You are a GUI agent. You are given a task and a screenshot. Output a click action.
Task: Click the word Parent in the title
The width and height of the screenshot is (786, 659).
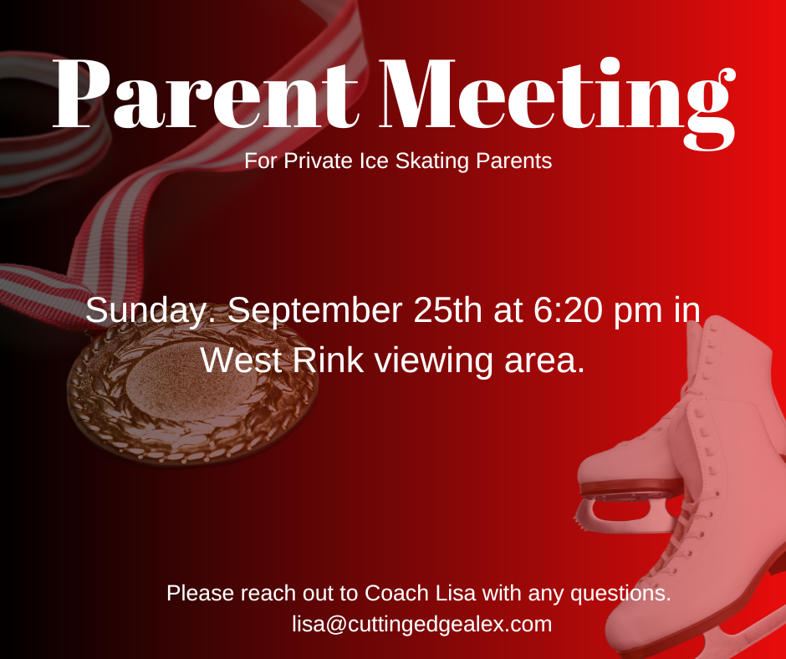pyautogui.click(x=206, y=94)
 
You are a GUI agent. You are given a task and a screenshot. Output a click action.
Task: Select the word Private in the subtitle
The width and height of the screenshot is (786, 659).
pyautogui.click(x=319, y=161)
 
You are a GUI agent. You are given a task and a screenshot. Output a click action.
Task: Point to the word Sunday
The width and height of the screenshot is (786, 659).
pyautogui.click(x=145, y=311)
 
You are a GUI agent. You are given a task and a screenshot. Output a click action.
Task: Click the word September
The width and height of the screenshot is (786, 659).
pyautogui.click(x=314, y=311)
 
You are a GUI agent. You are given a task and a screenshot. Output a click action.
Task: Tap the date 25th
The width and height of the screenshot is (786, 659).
pyautogui.click(x=448, y=310)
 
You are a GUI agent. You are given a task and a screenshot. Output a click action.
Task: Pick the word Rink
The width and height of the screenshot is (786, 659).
pyautogui.click(x=328, y=360)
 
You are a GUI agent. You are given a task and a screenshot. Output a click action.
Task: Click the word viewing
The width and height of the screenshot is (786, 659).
pyautogui.click(x=434, y=361)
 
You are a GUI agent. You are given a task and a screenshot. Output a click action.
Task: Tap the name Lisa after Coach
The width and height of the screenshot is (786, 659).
pyautogui.click(x=455, y=593)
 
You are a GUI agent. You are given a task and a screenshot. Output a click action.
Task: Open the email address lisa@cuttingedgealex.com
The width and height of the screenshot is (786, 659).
pyautogui.click(x=422, y=625)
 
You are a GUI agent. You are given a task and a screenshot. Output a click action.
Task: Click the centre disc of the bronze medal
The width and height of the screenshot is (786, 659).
pyautogui.click(x=191, y=382)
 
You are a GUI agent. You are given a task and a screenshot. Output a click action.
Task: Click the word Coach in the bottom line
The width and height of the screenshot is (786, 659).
pyautogui.click(x=397, y=593)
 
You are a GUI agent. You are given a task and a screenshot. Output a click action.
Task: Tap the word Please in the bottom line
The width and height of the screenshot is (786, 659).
pyautogui.click(x=201, y=593)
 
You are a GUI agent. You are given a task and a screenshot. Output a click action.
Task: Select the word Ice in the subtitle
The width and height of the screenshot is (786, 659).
pyautogui.click(x=374, y=161)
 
